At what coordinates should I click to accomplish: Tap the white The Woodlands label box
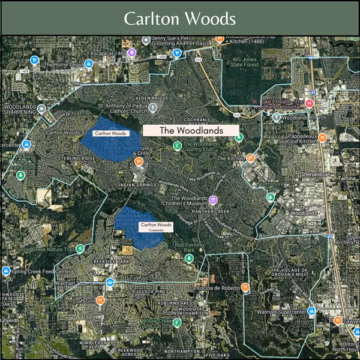tap(191, 130)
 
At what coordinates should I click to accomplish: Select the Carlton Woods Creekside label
tap(155, 227)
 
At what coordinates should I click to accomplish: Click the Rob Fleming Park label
tap(190, 248)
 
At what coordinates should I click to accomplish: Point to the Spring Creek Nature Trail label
tap(46, 250)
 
